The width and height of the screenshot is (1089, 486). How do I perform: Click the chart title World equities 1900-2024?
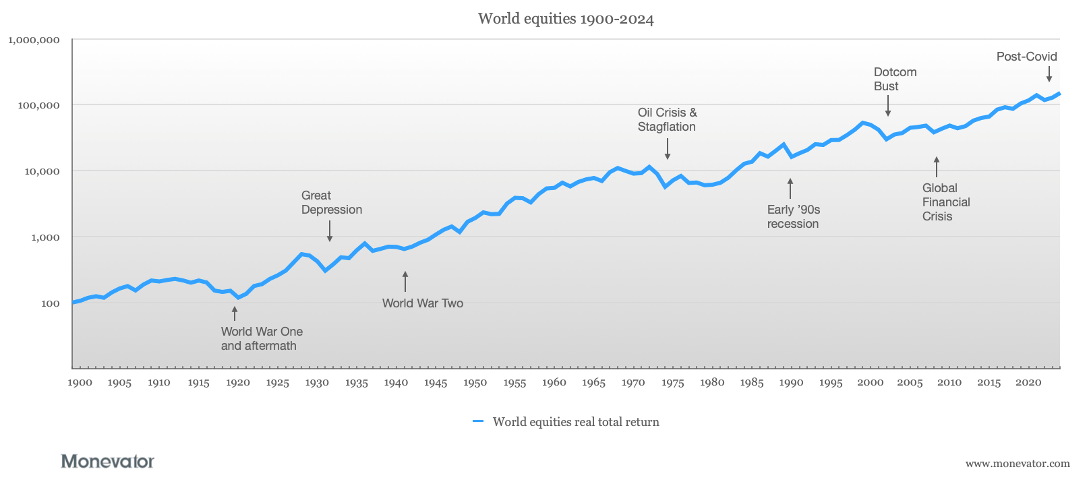[x=565, y=19]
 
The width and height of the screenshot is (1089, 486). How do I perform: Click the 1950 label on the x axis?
[x=475, y=383]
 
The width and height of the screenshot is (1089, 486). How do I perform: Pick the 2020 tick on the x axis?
[x=1028, y=383]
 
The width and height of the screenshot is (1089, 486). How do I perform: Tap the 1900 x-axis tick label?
[x=80, y=383]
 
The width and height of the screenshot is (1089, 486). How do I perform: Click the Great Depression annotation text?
[x=331, y=202]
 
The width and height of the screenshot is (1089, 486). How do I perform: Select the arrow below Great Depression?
[x=330, y=231]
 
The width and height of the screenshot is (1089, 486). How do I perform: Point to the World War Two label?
[x=422, y=303]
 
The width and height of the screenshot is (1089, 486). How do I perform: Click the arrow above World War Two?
[x=405, y=282]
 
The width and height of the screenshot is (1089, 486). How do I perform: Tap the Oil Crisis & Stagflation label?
[x=667, y=119]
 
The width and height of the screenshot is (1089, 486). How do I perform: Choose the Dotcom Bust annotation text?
[x=895, y=79]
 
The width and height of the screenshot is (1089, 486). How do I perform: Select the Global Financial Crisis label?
[x=945, y=202]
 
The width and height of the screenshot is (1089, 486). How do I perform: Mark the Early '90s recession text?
[x=793, y=216]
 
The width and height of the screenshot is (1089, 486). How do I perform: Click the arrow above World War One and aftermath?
[x=235, y=313]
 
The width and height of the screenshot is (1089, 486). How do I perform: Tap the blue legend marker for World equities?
[x=478, y=421]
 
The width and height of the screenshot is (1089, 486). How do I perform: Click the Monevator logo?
[x=107, y=461]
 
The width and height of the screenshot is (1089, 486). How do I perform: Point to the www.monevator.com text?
[x=1017, y=463]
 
